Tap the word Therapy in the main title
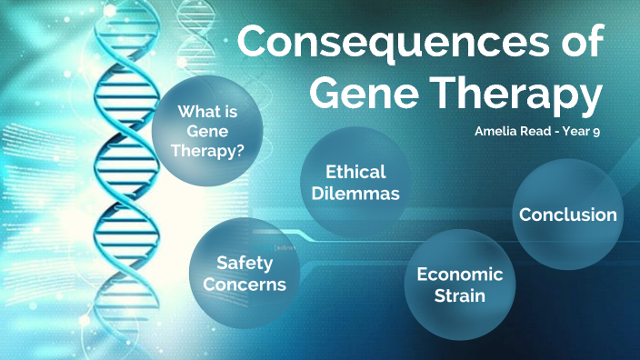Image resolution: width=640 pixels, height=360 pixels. point(522,94)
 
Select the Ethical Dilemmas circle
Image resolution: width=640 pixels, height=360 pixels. point(355,185)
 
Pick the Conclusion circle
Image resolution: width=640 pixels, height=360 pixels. point(567,215)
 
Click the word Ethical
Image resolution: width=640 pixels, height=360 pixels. point(355,172)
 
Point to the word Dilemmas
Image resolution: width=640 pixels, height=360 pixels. point(355,194)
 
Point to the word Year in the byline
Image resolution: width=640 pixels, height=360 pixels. point(576,132)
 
